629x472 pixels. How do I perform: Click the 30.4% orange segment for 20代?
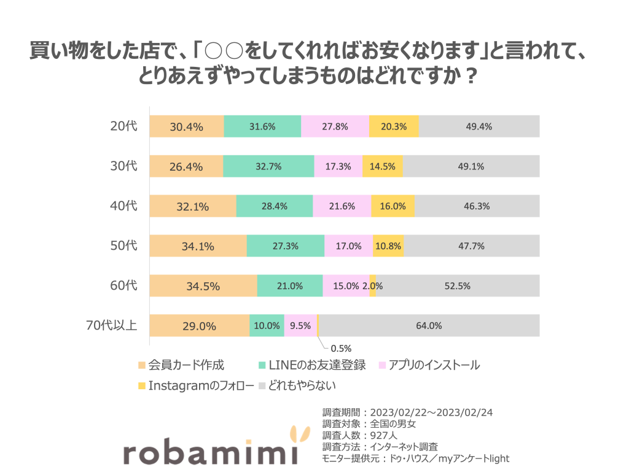[187, 126]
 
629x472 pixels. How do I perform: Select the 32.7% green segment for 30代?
[268, 166]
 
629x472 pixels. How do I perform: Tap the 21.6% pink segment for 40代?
[342, 206]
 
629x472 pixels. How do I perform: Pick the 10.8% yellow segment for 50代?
[388, 246]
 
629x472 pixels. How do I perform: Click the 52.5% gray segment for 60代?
[458, 286]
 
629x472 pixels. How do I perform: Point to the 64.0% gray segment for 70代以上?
[429, 326]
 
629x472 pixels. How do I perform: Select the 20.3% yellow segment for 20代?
[394, 126]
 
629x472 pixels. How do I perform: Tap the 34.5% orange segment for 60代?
[203, 286]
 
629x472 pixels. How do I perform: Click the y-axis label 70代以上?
[111, 325]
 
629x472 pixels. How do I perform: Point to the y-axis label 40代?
[123, 206]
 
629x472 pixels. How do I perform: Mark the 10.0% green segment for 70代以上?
[267, 326]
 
